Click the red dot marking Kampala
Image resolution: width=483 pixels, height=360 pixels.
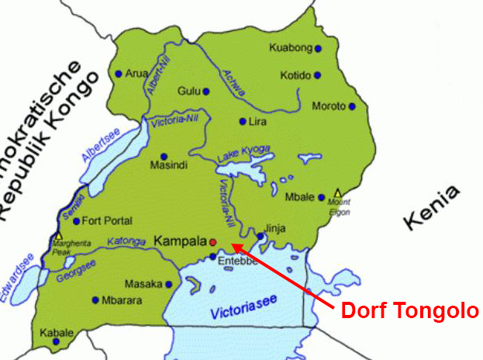(212, 242)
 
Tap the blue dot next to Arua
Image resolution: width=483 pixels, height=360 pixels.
(118, 74)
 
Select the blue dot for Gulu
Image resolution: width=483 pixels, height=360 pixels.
(205, 92)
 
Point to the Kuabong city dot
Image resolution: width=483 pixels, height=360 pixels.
(318, 48)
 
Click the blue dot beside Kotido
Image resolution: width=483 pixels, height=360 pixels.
(317, 75)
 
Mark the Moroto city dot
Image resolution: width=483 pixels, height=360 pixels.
(352, 106)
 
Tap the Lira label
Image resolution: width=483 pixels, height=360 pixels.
(256, 122)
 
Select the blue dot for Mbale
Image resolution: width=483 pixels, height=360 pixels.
(322, 197)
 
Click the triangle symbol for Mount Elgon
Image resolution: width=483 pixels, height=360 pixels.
(337, 192)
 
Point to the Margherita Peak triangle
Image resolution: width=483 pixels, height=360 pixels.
(58, 234)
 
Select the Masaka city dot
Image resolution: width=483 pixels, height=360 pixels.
(168, 284)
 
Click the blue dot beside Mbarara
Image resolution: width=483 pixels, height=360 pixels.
(95, 299)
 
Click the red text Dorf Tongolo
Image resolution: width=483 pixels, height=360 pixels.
(410, 311)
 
